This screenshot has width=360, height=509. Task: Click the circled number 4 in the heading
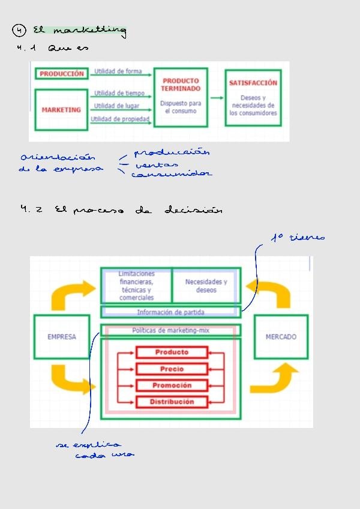coord(20,29)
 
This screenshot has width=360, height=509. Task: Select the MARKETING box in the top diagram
coord(61,110)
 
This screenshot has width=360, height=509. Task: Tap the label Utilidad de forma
coord(118,71)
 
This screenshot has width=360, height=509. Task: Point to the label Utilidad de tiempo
coord(119,93)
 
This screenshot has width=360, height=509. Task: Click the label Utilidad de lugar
coord(117,106)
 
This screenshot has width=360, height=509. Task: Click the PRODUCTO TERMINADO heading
coord(181,85)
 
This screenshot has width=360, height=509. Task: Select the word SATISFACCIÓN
coord(253,83)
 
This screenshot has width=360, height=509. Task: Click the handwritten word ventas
coord(157,164)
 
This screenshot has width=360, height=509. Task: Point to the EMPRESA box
coord(62,337)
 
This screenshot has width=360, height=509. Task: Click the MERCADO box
coord(281,337)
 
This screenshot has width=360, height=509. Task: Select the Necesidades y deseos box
coord(206,286)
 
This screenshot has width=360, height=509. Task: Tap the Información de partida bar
coord(170,312)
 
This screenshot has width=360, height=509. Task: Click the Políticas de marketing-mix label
coord(170,330)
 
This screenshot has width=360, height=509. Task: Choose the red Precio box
coord(172,369)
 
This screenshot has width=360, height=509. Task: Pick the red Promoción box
coord(172,385)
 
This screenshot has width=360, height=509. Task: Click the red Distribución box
coord(172,402)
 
